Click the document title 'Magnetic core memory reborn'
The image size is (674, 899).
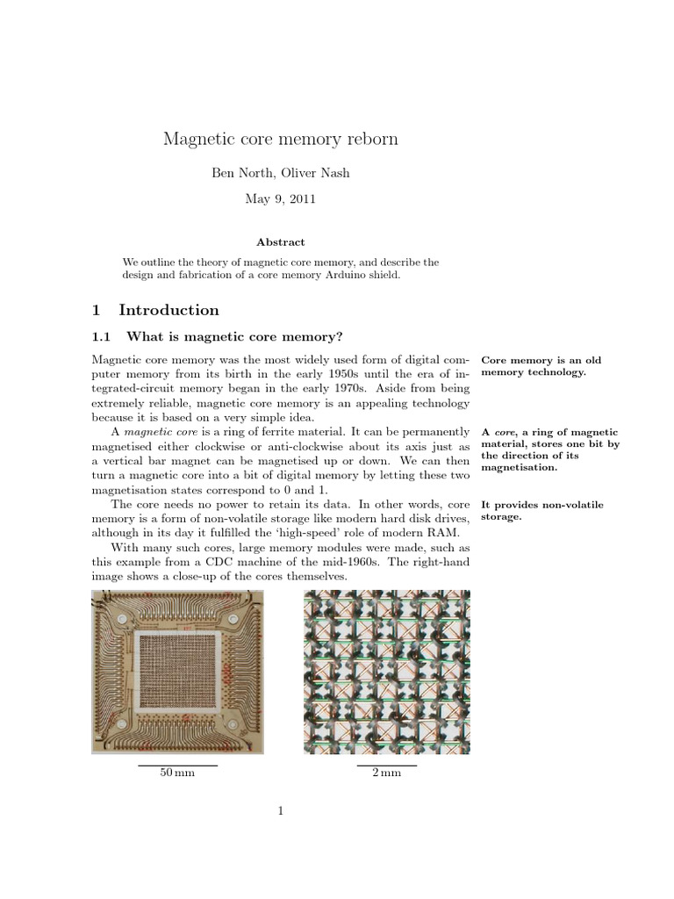(280, 139)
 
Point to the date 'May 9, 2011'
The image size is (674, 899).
(280, 199)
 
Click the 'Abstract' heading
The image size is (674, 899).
(280, 241)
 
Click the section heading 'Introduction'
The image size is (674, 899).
(168, 310)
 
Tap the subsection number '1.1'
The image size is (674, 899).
(103, 337)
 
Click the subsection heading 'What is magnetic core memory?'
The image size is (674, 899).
(234, 337)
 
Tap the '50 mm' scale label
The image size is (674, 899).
(177, 773)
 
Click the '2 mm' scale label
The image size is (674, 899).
(386, 773)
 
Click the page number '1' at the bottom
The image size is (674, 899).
(280, 812)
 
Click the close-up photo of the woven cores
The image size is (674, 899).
(386, 672)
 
